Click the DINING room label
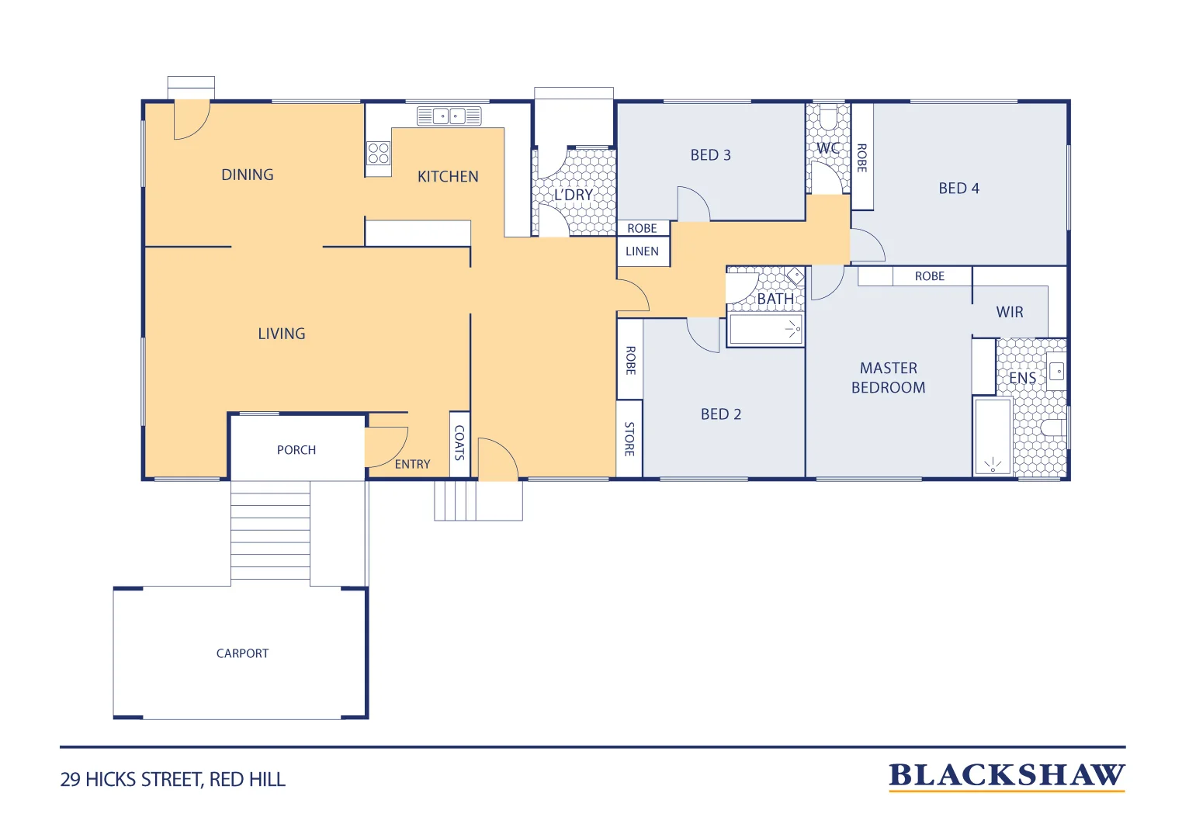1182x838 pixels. (x=247, y=175)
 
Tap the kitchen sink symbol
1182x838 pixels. (x=449, y=116)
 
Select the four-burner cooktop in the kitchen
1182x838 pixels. (x=378, y=153)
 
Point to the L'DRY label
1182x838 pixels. (x=574, y=195)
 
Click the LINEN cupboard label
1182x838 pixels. (x=642, y=251)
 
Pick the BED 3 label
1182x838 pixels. (x=711, y=155)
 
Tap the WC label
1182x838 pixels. (x=828, y=148)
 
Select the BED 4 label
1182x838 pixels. (x=958, y=189)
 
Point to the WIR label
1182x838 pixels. (x=1010, y=312)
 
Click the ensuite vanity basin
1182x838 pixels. (x=1056, y=371)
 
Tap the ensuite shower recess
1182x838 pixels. (x=993, y=436)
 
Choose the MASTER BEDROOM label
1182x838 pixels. (x=888, y=378)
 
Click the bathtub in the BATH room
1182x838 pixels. (x=766, y=330)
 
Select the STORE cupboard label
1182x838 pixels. (x=629, y=439)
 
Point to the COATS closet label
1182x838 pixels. (x=459, y=443)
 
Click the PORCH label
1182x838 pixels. (x=296, y=450)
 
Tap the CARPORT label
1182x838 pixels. (x=242, y=653)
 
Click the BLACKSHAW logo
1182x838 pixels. (x=1007, y=776)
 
